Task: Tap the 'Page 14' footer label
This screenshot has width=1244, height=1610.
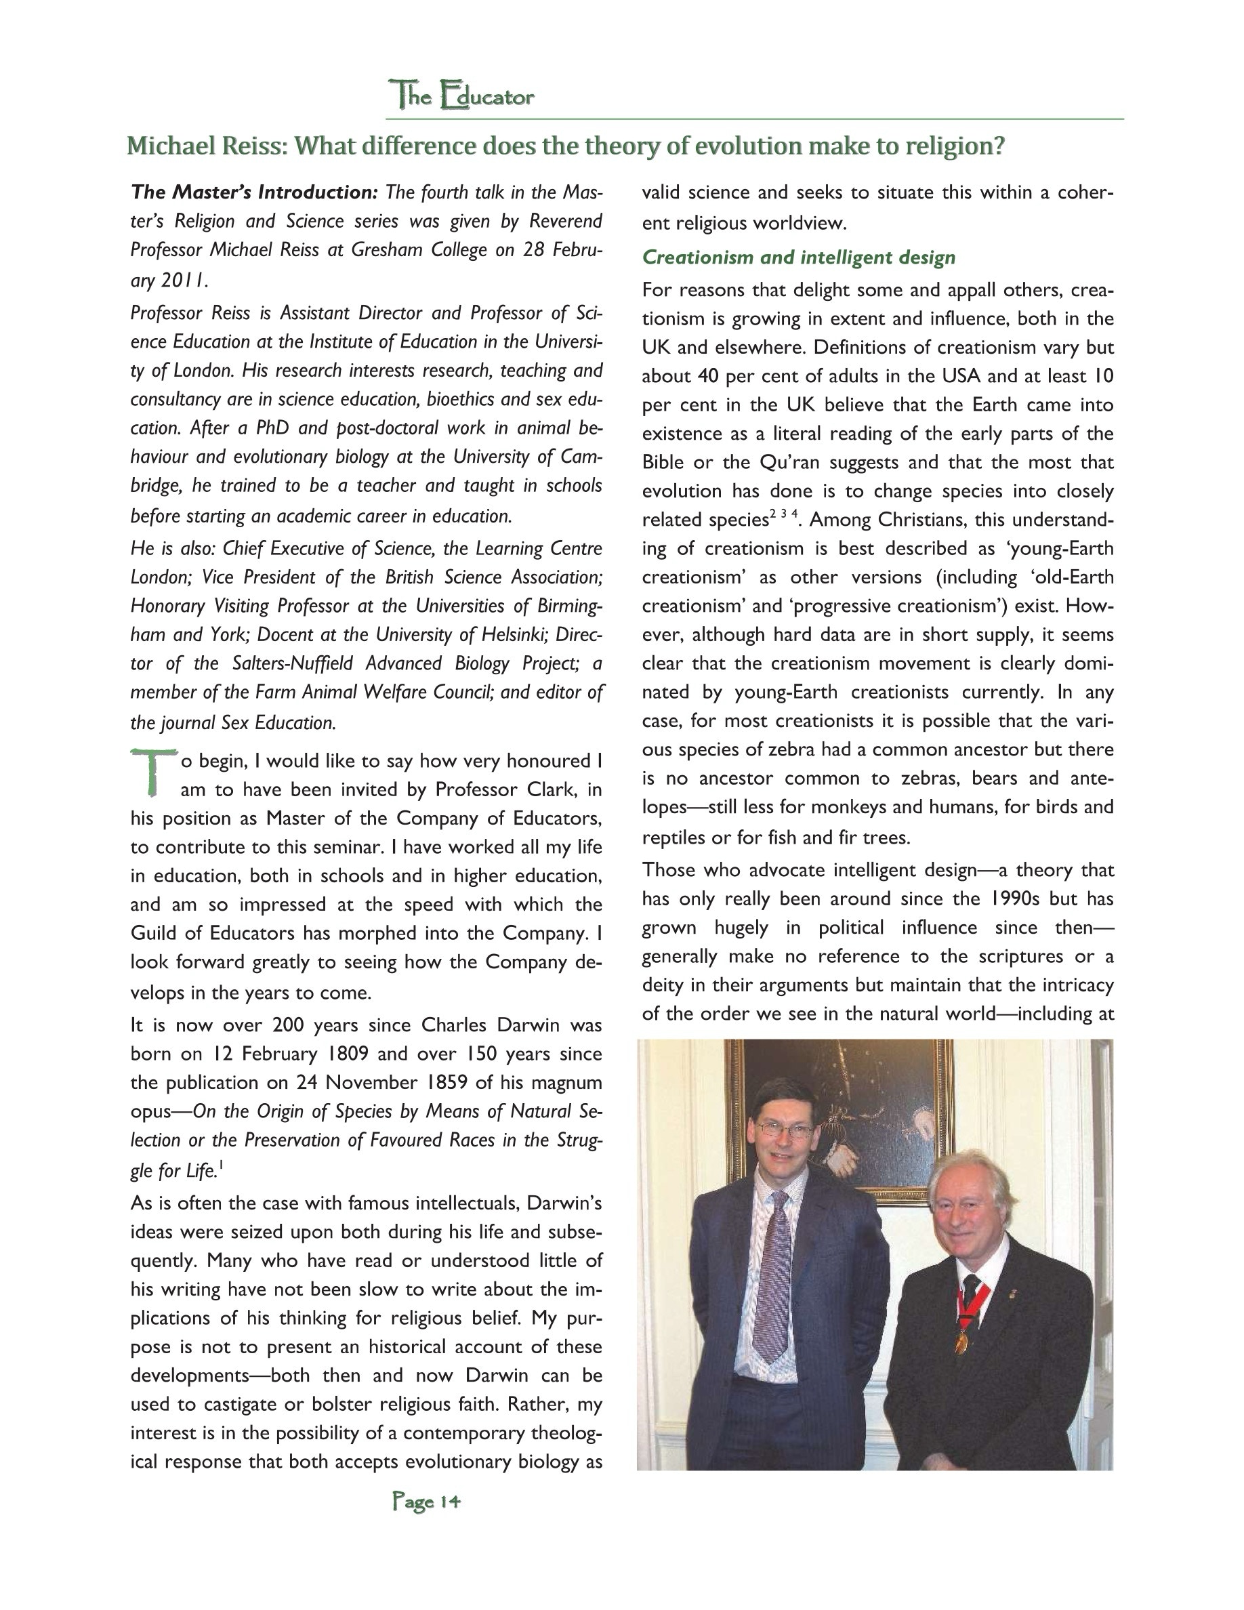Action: point(427,1502)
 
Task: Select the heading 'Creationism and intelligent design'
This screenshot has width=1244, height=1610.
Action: point(798,257)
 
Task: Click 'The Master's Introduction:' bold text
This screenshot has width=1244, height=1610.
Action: point(254,192)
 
